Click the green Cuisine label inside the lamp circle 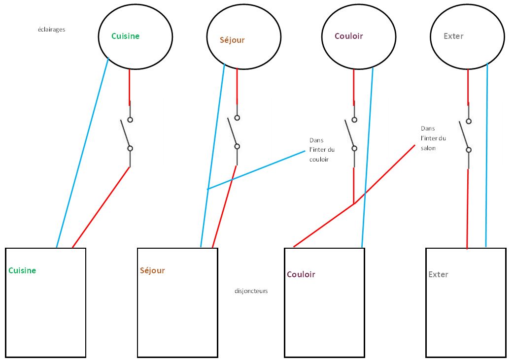point(125,36)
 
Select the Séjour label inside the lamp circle point(232,40)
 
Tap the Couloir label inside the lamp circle point(349,36)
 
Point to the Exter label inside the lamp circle point(453,36)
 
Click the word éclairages point(51,30)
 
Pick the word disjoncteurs point(251,291)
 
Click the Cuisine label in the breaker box point(22,270)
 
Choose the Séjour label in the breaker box point(152,270)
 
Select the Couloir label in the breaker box point(301,274)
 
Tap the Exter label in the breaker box point(438,274)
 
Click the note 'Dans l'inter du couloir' point(322,150)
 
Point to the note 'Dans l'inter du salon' point(433,138)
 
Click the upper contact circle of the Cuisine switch point(130,120)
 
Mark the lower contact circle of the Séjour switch point(237,146)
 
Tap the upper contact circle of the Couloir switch point(354,120)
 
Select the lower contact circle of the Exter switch point(469,150)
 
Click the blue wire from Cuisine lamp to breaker point(83,153)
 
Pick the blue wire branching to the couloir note point(256,170)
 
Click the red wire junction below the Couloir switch point(354,204)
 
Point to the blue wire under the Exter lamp point(487,155)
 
